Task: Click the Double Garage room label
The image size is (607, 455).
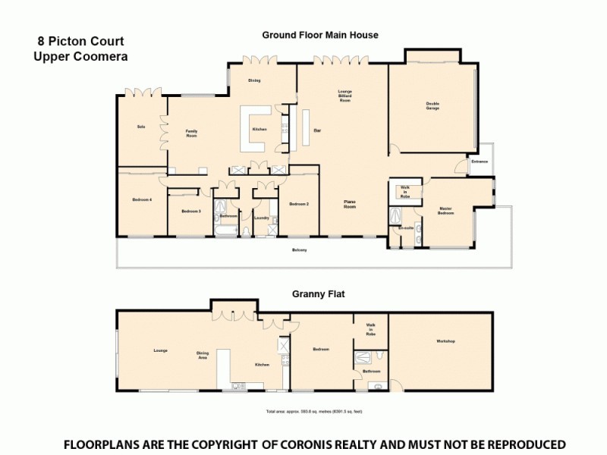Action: (432, 106)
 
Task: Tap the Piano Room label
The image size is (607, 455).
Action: (350, 204)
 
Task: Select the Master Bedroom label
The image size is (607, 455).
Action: (446, 211)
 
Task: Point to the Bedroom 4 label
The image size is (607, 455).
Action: (142, 199)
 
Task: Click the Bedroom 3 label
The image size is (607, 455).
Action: (191, 211)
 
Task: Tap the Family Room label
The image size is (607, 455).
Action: (192, 133)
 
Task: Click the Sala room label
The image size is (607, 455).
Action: (140, 127)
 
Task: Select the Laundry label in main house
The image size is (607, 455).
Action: (263, 218)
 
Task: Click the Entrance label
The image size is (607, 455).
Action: (480, 162)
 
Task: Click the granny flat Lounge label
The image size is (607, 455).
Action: (160, 350)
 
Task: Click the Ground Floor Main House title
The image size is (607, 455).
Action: (320, 35)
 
